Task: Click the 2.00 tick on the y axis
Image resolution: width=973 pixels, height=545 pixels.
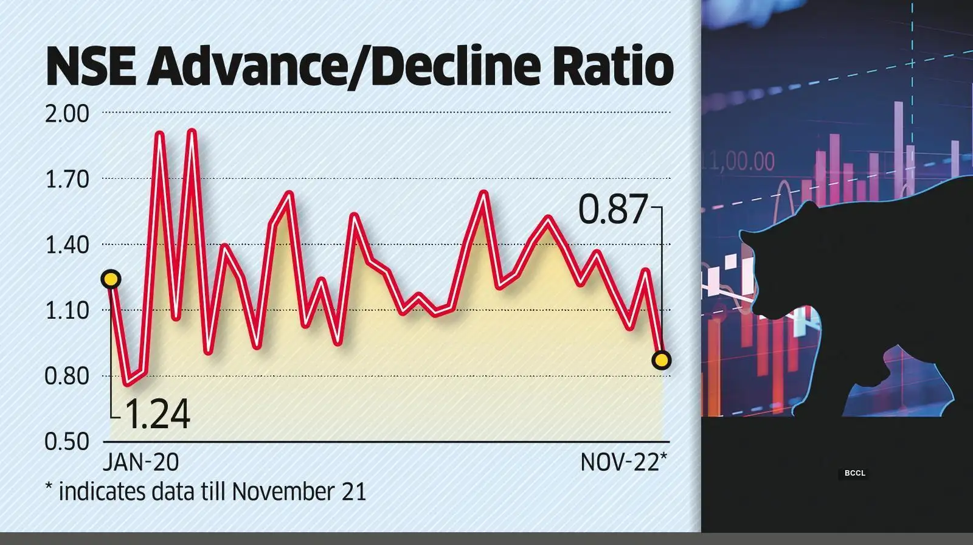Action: [67, 114]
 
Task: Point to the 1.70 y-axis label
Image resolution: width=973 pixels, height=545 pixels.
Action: [67, 179]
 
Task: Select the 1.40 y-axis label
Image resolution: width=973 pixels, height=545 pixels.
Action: [67, 245]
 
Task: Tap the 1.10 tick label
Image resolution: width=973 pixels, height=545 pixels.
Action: [67, 311]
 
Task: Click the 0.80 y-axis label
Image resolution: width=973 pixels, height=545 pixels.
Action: [67, 377]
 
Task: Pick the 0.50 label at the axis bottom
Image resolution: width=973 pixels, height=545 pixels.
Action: [67, 442]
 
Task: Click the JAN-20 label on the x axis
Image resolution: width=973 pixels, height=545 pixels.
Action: [140, 463]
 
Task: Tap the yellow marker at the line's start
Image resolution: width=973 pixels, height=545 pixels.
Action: [111, 279]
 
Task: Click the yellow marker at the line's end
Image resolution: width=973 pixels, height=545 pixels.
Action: [661, 360]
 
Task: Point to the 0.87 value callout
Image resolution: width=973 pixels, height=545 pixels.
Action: [612, 210]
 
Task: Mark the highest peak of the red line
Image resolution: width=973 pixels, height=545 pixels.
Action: [192, 131]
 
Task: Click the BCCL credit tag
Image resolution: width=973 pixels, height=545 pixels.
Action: [854, 473]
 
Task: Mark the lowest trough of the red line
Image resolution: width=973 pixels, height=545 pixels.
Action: [127, 384]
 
